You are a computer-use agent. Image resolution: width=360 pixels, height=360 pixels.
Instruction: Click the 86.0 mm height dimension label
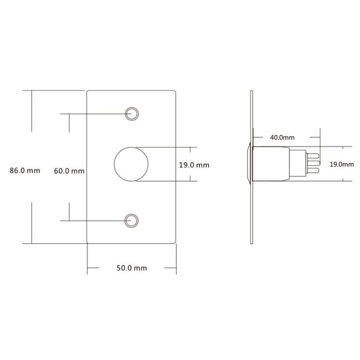point(24,171)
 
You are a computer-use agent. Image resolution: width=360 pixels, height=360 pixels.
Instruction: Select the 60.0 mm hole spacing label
point(69,171)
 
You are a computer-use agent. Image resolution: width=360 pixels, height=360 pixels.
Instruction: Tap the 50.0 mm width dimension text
point(131,268)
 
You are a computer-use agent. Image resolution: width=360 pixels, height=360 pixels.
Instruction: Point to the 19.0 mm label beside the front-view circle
point(194,165)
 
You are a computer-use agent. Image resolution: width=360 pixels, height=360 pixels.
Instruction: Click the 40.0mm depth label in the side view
point(282,138)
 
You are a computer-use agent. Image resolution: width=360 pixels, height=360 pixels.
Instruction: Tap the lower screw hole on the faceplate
point(131,220)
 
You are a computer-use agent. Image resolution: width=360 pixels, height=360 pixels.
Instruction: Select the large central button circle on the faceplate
point(131,164)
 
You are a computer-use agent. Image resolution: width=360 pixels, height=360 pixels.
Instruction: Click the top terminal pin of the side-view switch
point(312,156)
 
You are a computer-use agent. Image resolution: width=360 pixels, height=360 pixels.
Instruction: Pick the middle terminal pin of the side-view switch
point(312,163)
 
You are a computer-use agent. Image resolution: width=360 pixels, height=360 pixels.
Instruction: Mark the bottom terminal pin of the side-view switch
point(312,170)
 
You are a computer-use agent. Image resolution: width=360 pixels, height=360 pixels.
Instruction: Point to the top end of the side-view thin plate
point(252,92)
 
